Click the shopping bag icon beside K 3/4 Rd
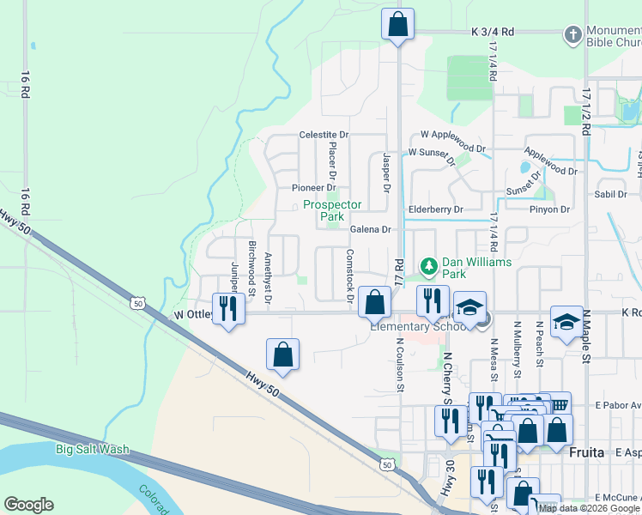397,25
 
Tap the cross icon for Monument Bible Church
572,35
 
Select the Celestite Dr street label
324,135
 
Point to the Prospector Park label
332,211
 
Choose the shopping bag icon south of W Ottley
282,354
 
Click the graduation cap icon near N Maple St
566,322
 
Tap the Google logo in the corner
28,505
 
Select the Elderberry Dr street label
435,209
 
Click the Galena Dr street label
370,229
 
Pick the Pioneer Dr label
312,187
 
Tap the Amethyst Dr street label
268,279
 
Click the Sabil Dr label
612,194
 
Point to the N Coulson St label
401,366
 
